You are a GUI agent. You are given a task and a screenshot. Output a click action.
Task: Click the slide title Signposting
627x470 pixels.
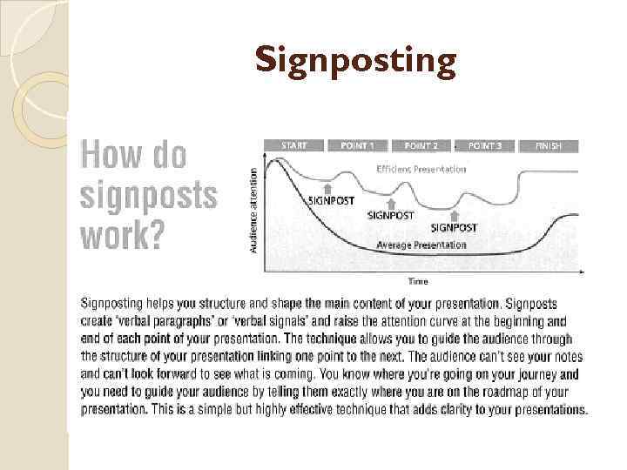pos(355,62)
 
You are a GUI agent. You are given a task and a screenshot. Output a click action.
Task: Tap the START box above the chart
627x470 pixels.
pos(293,145)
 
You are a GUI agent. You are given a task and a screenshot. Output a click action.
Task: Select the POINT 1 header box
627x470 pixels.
pos(358,145)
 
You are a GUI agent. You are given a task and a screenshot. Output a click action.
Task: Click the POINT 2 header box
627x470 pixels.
pos(421,145)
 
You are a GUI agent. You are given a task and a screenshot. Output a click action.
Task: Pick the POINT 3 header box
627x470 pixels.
pos(485,145)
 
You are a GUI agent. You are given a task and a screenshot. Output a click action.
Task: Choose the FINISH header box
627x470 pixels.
pos(549,145)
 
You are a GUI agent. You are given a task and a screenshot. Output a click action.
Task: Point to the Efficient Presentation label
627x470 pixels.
pos(421,169)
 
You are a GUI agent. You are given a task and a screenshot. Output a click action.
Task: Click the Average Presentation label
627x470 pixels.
pos(421,245)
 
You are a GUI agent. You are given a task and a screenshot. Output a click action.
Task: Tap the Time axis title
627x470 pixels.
pos(419,280)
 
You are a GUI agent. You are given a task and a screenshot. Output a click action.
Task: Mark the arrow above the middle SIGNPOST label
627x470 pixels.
pos(391,203)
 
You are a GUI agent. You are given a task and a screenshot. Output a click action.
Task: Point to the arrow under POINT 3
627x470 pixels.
pos(455,215)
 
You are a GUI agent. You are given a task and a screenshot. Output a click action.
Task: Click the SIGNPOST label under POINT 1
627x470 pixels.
pos(333,199)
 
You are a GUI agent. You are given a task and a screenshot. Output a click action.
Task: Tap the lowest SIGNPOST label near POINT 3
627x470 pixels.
pos(455,228)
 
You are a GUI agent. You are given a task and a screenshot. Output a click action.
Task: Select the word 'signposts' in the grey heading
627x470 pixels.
pos(148,195)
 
